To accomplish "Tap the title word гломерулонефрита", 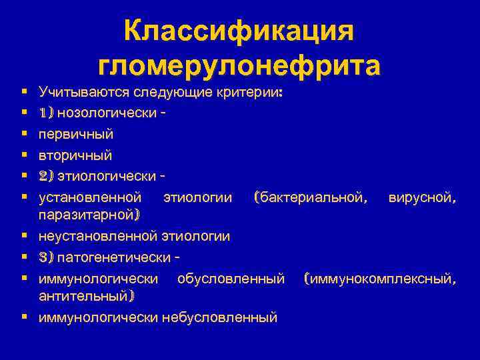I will (240, 66).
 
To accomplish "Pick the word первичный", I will (75, 134).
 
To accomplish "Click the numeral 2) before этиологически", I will (46, 175).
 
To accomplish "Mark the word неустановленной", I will (97, 236).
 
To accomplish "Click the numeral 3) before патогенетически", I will (46, 257).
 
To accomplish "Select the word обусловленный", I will (231, 277).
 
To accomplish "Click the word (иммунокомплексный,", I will (380, 277).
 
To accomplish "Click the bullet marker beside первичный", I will (23, 134).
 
